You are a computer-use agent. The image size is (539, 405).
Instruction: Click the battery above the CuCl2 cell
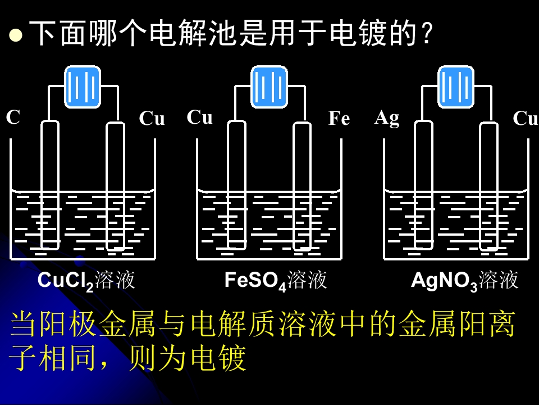[83, 87]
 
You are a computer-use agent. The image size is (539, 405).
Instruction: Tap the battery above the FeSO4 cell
[269, 87]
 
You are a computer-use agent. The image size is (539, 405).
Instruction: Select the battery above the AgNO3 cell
[456, 87]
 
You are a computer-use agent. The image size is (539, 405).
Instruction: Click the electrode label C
[13, 117]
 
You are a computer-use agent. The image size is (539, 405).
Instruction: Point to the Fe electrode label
[339, 119]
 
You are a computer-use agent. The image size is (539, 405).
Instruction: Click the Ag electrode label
[387, 119]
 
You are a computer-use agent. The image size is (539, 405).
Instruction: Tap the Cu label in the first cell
[152, 119]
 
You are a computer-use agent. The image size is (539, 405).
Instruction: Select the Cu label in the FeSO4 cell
[200, 117]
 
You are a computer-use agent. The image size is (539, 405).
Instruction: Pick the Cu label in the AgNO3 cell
[526, 119]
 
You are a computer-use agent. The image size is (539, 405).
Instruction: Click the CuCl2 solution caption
[86, 281]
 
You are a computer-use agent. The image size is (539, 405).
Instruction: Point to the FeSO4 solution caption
[275, 281]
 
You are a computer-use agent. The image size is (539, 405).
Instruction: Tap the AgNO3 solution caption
[464, 281]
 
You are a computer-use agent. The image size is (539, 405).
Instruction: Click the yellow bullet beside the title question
[16, 35]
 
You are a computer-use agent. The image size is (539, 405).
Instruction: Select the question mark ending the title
[427, 33]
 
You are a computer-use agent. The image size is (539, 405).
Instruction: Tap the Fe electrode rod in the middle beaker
[302, 186]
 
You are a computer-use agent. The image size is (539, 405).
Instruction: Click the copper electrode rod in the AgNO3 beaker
[488, 186]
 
